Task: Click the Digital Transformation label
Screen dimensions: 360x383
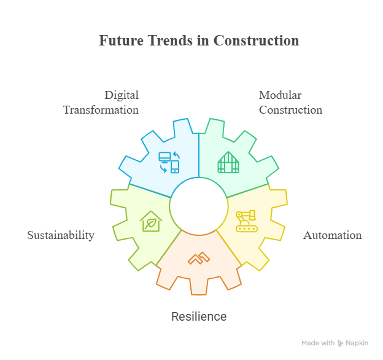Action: pos(101,103)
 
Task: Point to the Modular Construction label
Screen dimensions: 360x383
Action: pos(290,103)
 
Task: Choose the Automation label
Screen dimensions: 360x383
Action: pos(332,235)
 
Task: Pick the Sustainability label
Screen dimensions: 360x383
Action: pos(61,235)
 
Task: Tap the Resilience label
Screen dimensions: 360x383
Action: pos(198,317)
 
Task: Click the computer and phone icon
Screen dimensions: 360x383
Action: pos(169,162)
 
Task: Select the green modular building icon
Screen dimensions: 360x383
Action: pos(228,162)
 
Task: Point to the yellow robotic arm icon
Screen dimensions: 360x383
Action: pos(246,221)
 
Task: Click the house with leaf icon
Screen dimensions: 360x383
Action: pos(150,221)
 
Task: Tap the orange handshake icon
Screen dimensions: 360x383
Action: pos(198,258)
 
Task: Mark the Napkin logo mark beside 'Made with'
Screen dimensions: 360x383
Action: pos(341,343)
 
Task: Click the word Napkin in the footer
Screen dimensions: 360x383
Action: pos(357,343)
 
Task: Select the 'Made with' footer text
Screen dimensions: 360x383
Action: pos(318,343)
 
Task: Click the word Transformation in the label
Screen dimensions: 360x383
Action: pos(101,110)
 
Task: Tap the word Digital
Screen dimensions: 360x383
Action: pos(121,95)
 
